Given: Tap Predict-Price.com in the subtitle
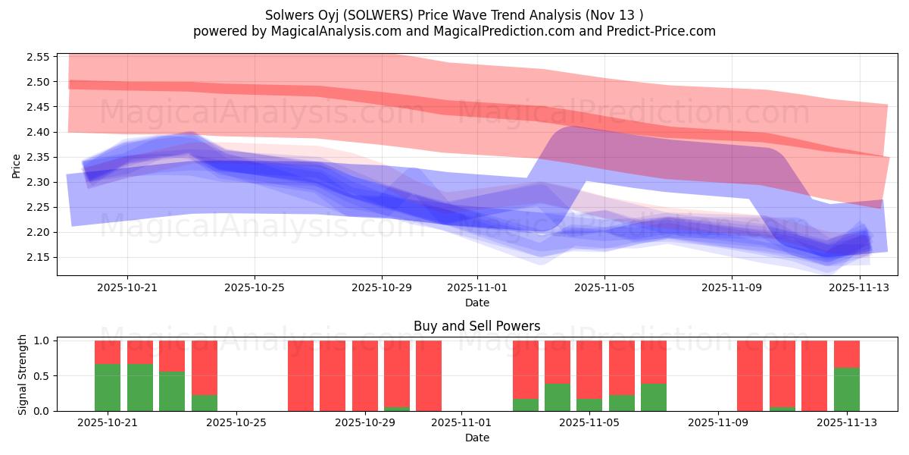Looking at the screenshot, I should pos(661,31).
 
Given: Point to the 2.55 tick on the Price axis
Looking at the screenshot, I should pos(37,57).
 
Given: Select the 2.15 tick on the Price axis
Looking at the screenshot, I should pos(37,257).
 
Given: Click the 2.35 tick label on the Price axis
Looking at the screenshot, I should pos(37,157).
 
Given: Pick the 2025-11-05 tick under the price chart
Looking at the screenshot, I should pos(604,287).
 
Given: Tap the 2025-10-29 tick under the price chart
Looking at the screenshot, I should pos(381,287).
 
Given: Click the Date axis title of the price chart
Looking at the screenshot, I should pos(476,303).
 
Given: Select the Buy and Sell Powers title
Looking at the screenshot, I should pos(476,326).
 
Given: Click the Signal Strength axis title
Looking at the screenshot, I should pos(22,375).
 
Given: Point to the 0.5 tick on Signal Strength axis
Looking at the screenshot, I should pos(42,376).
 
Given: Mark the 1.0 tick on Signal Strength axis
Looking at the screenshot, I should pos(42,341).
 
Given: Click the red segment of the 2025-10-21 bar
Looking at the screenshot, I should pos(108,352).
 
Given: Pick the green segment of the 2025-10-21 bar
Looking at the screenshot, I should pos(108,388).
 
